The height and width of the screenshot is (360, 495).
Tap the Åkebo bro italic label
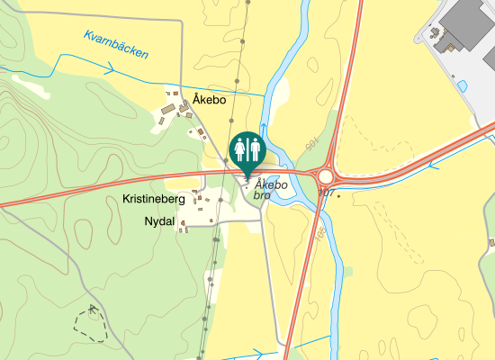click(271, 189)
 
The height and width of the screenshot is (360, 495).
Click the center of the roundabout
click(327, 175)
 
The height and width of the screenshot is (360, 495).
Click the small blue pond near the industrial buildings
click(463, 85)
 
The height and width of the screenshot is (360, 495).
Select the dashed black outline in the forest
click(90, 324)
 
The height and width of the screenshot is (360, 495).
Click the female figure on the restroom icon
click(241, 148)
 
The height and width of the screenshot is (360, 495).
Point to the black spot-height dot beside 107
click(339, 195)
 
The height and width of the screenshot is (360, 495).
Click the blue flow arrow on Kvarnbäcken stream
click(109, 67)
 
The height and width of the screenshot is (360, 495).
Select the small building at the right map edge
click(491, 242)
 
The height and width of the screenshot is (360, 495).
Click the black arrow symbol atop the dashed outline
click(93, 309)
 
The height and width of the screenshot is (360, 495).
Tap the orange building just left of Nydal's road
click(183, 222)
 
